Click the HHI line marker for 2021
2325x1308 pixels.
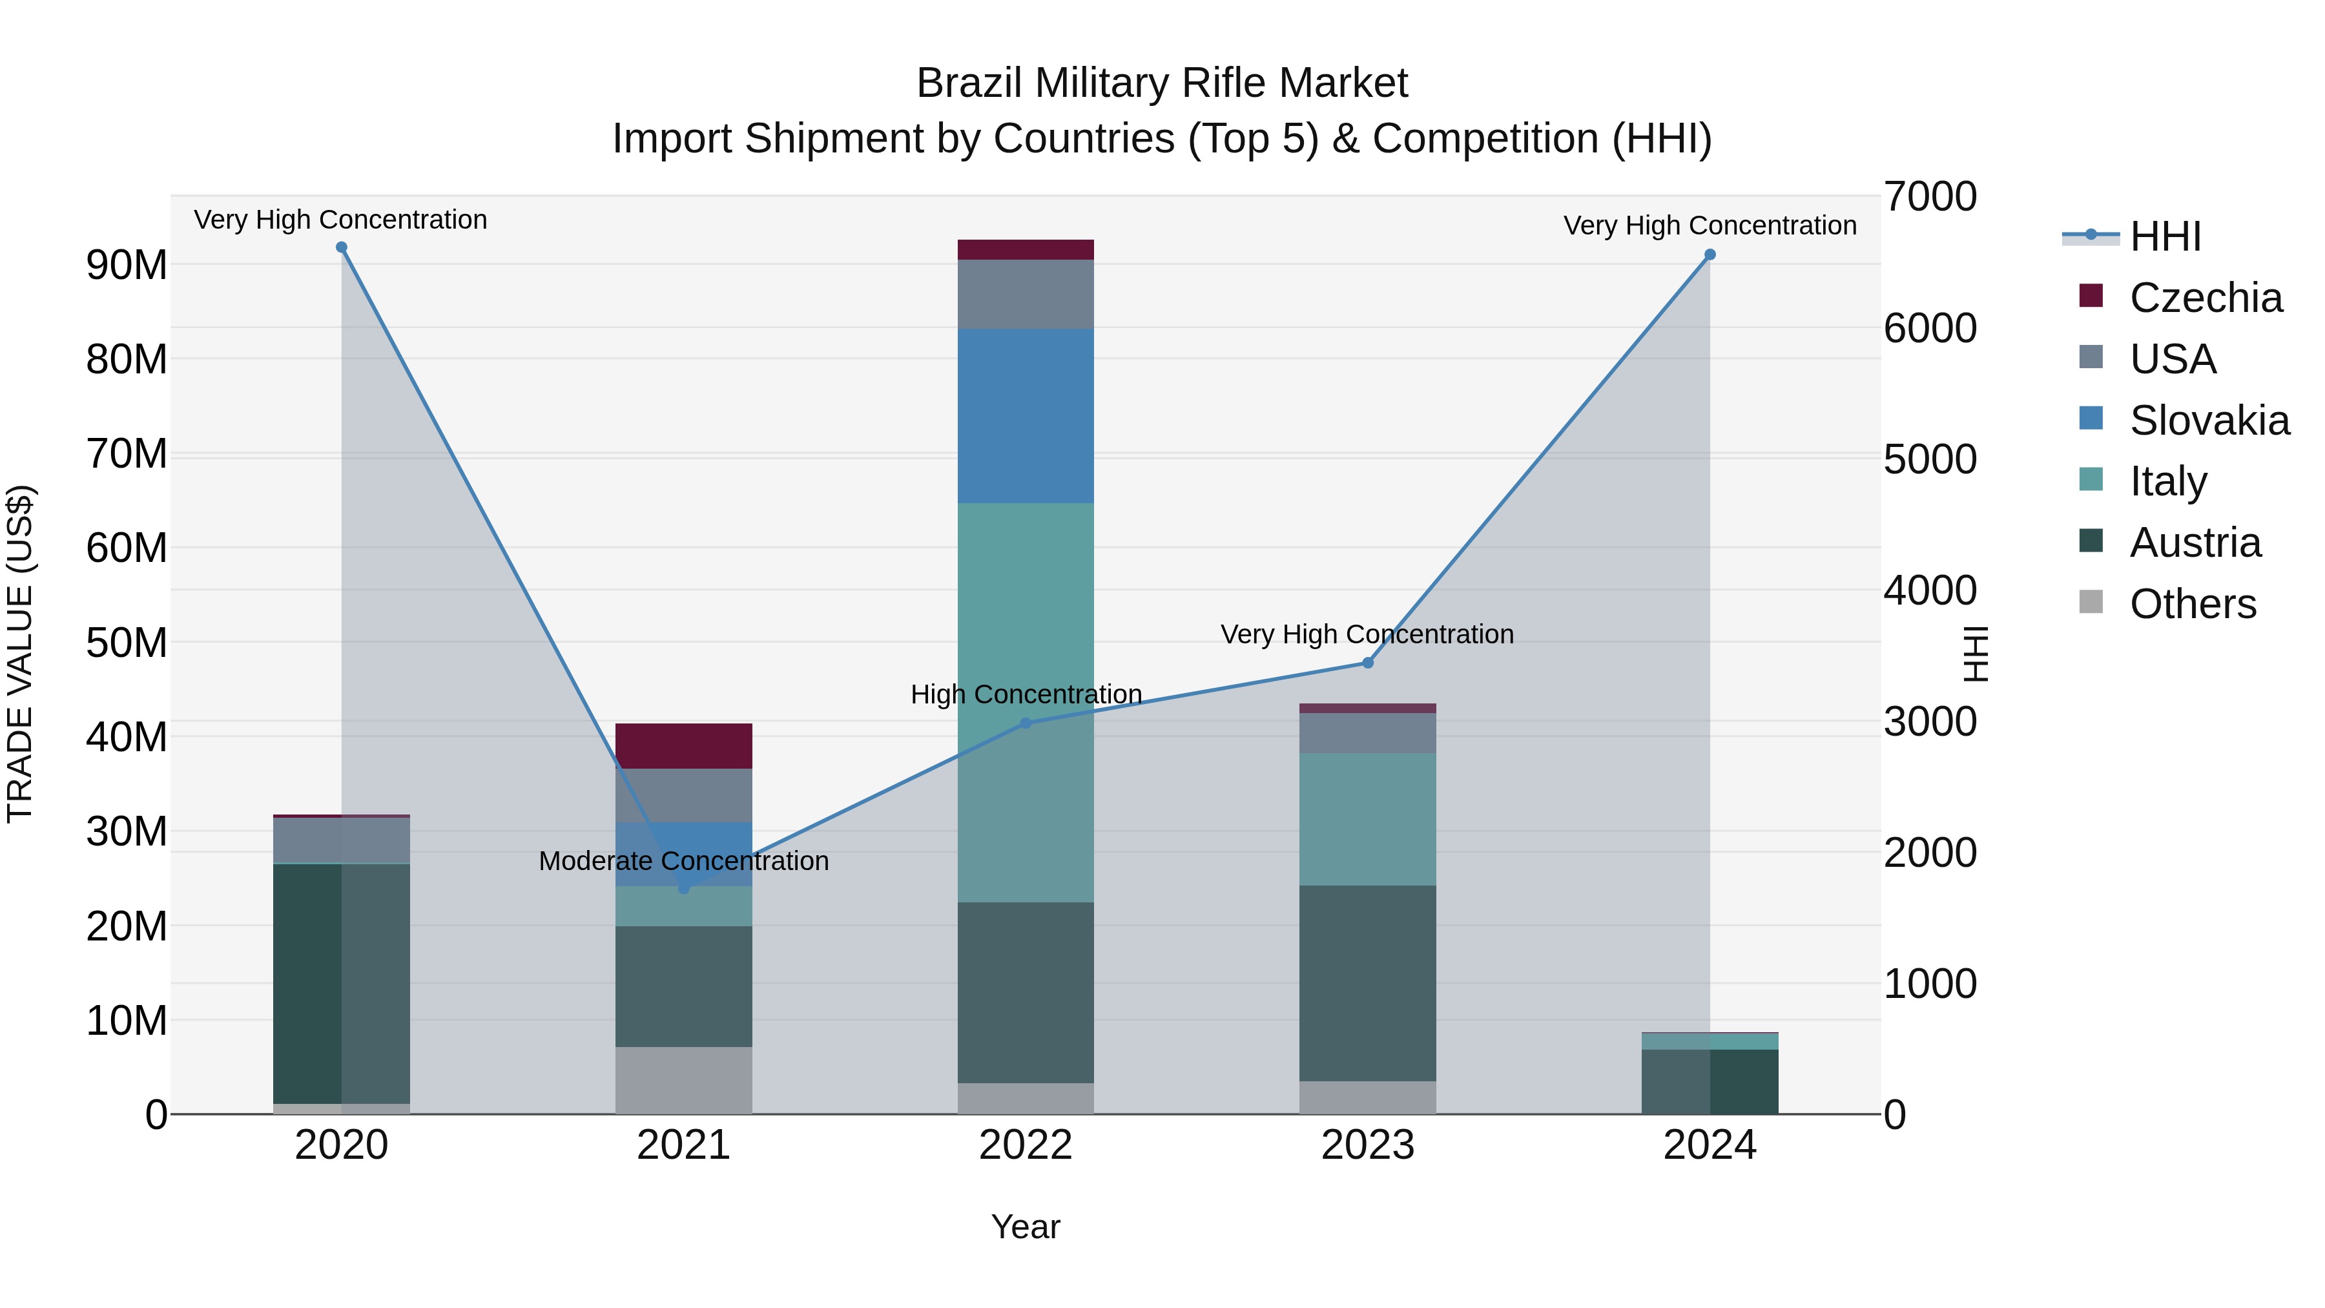[683, 888]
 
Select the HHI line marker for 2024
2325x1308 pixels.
[1710, 254]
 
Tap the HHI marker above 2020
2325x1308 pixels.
[341, 247]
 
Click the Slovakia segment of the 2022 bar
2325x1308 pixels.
[1026, 415]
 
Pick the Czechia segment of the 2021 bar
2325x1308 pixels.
[683, 745]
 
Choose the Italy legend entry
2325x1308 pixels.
[2168, 481]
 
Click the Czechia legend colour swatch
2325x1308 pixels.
[2091, 295]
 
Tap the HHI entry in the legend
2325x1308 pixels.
[2164, 236]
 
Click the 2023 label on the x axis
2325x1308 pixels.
[1367, 1145]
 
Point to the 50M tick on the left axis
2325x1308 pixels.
[127, 643]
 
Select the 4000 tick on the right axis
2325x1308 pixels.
[1930, 590]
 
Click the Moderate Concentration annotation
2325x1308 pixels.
[683, 861]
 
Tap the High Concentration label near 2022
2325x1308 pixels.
[1026, 694]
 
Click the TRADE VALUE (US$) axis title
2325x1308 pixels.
[20, 654]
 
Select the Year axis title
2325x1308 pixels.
[1026, 1227]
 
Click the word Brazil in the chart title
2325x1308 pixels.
[969, 83]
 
